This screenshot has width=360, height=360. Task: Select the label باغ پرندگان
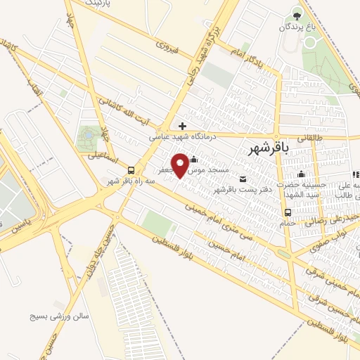[296, 27]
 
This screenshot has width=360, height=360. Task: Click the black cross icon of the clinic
[183, 126]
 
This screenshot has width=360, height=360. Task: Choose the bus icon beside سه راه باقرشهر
[131, 169]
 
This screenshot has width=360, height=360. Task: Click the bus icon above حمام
[287, 212]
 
